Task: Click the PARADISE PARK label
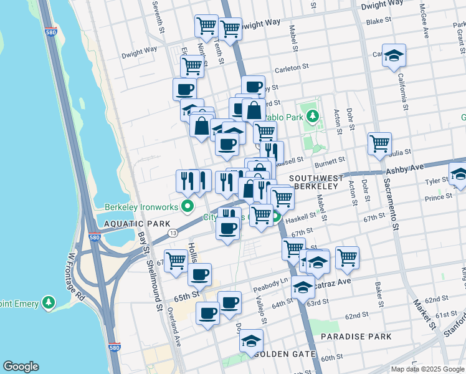(x=356, y=337)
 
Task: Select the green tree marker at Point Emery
(x=49, y=304)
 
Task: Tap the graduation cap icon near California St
(x=394, y=56)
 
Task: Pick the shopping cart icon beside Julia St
(x=379, y=144)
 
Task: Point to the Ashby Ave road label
(x=405, y=168)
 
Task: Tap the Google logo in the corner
(x=21, y=366)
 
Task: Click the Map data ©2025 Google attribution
(x=427, y=369)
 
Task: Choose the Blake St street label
(x=378, y=21)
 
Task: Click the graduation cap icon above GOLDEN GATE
(x=251, y=341)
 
